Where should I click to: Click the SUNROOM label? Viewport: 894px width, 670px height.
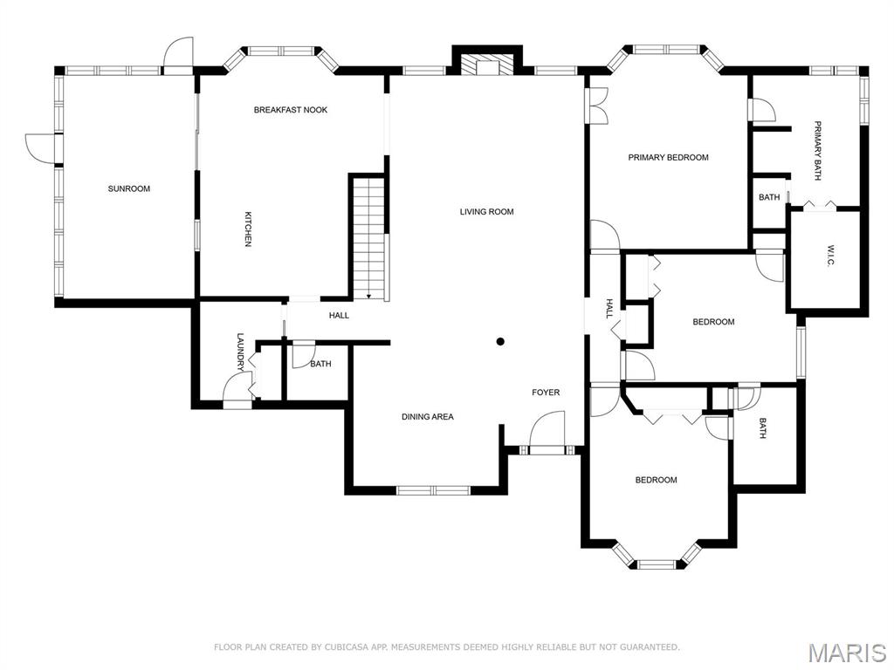pos(129,188)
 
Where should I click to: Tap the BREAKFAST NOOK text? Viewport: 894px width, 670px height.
pos(291,109)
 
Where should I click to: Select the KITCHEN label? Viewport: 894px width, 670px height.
pos(248,229)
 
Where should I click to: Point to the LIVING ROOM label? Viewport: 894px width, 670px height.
pos(487,211)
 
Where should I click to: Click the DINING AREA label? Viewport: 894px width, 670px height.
pos(428,416)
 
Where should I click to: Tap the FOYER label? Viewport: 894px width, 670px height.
pos(546,392)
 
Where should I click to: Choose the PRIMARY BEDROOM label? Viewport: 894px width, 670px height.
pos(668,157)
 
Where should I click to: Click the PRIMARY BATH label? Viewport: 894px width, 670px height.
pos(817,151)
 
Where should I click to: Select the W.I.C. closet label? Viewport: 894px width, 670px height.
pos(830,255)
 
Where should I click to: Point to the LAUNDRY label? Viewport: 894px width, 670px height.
pos(240,352)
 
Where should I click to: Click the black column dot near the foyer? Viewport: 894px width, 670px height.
pos(500,342)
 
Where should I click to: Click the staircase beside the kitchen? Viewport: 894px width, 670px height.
pos(370,238)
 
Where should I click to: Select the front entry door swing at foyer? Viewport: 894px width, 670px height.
pos(547,428)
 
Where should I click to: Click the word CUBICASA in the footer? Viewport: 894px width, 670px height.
pos(345,646)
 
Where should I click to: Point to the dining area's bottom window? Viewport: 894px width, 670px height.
pos(433,490)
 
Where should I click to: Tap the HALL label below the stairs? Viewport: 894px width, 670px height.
pos(340,315)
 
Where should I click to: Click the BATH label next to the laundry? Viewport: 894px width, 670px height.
pos(320,364)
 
